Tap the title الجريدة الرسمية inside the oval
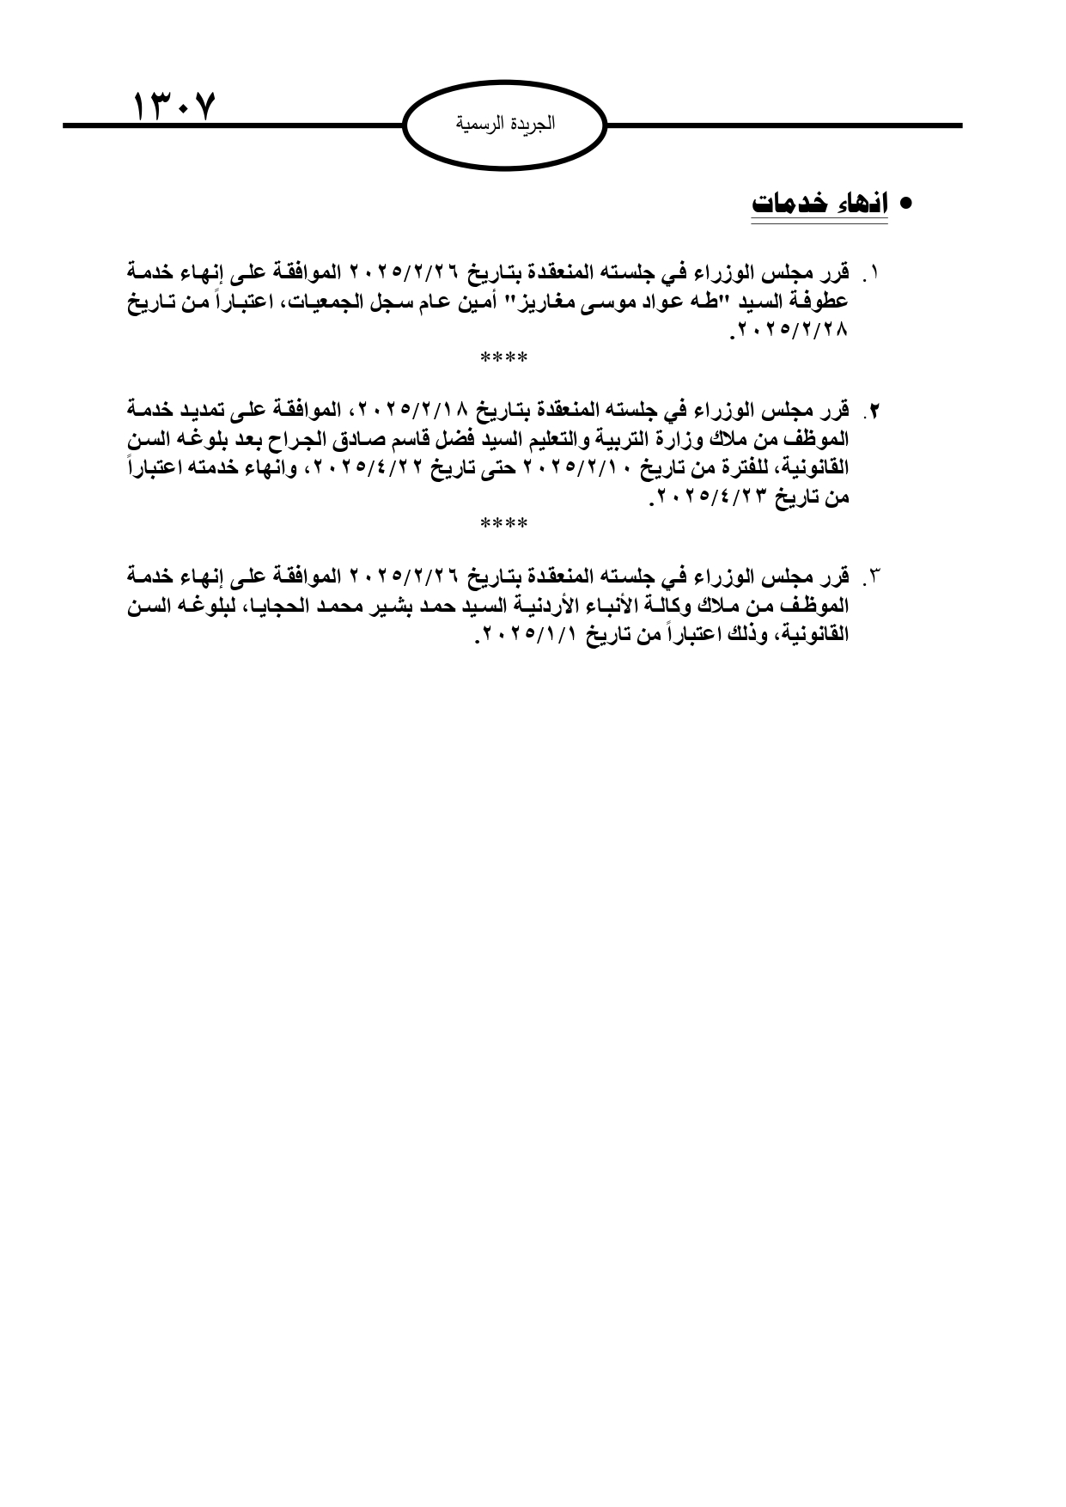[x=505, y=124]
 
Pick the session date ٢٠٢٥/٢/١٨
[x=417, y=409]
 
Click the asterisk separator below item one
[x=504, y=357]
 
